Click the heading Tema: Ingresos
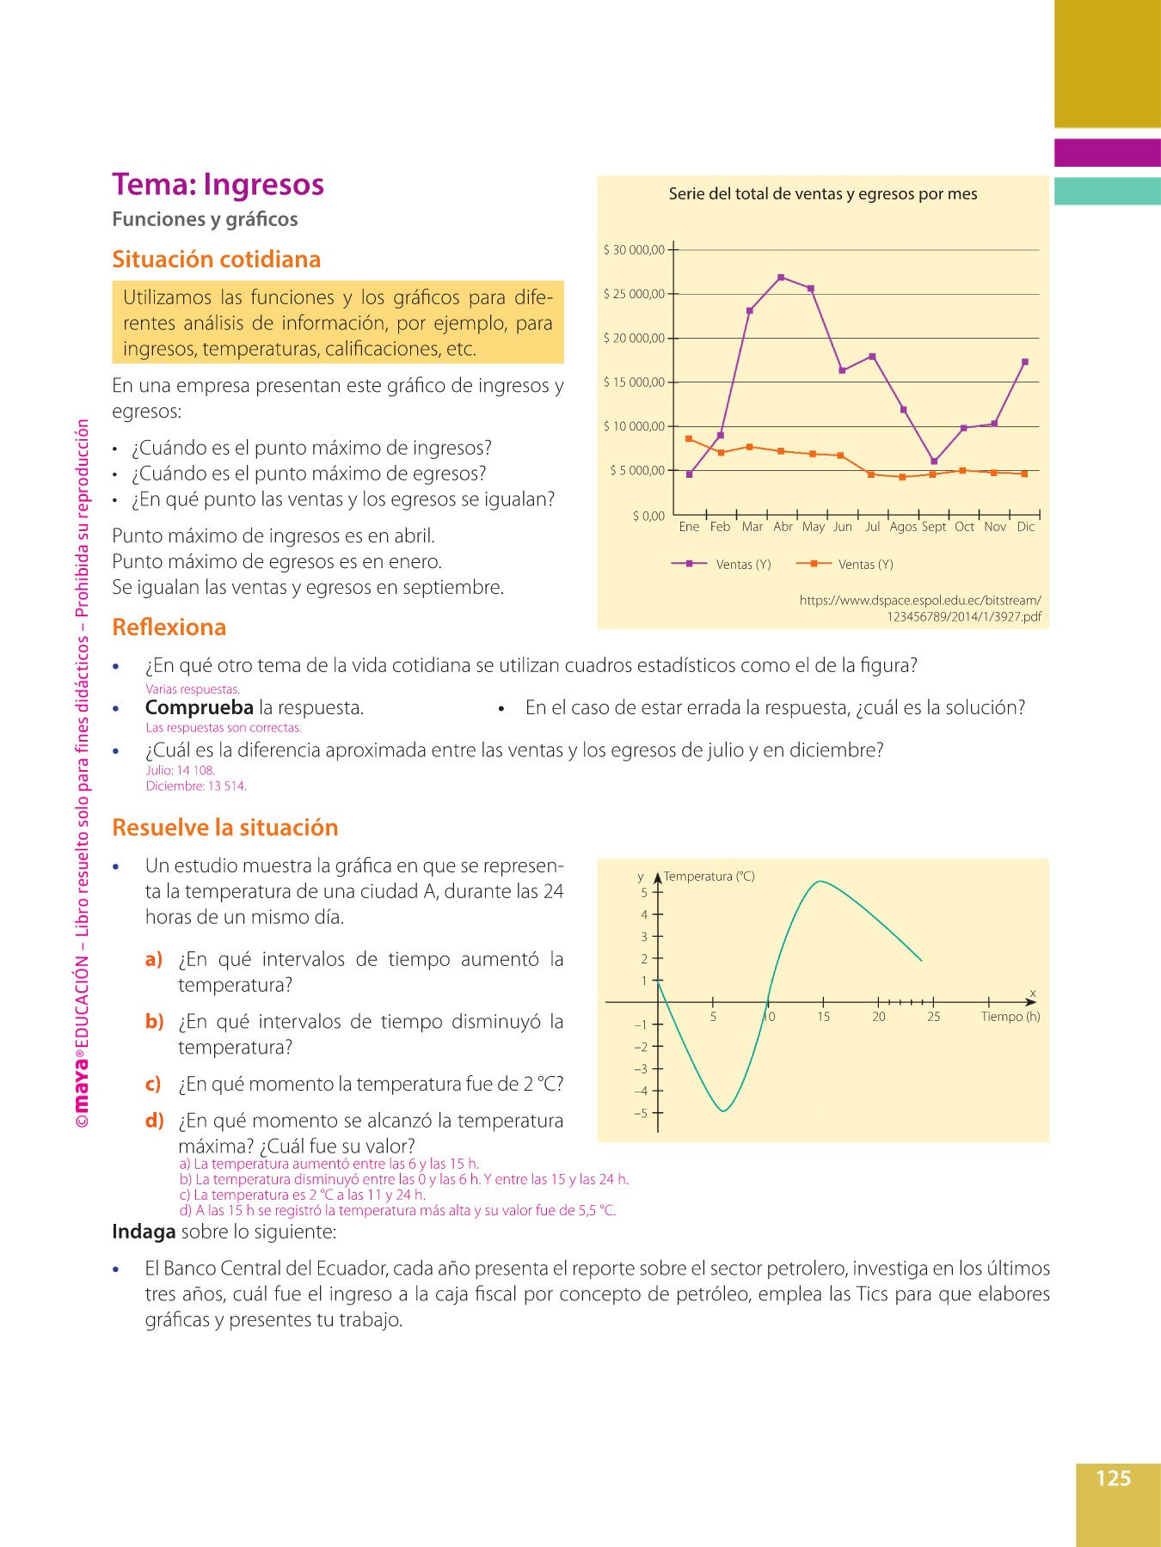coord(218,185)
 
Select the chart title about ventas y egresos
coord(822,194)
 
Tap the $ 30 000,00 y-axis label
coord(634,250)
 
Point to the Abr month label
coord(783,527)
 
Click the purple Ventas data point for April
coord(781,278)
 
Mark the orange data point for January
coord(689,439)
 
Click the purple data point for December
coord(1025,362)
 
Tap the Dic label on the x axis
coord(1025,527)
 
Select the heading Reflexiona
coord(169,627)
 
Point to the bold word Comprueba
coord(199,707)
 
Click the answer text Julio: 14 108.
coord(181,770)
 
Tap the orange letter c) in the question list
coord(153,1084)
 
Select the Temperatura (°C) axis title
coord(709,877)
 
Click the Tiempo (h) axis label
coord(1010,1017)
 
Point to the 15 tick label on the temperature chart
coord(823,1017)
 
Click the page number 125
coord(1113,1478)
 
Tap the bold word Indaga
coord(144,1232)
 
